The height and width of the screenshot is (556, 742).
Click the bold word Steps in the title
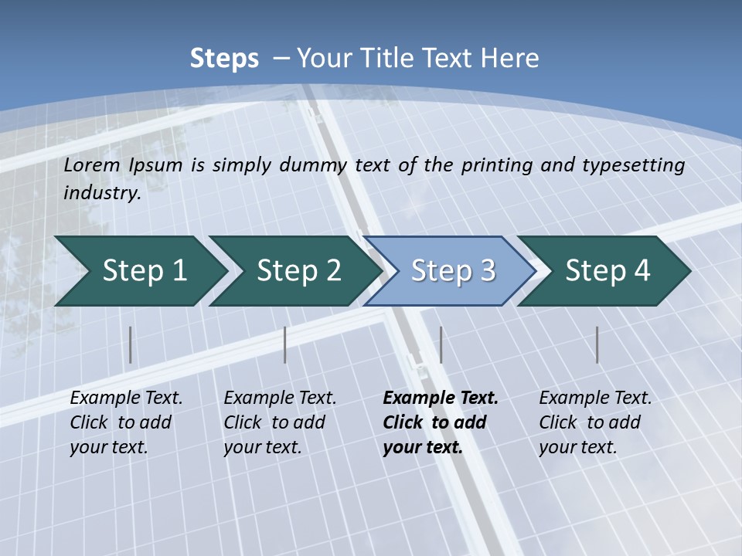pyautogui.click(x=224, y=59)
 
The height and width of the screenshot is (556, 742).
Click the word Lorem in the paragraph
pyautogui.click(x=91, y=164)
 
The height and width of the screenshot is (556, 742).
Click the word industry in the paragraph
pyautogui.click(x=102, y=192)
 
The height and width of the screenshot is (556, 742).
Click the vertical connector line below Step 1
pyautogui.click(x=131, y=344)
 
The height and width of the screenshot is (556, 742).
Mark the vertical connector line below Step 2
pyautogui.click(x=285, y=344)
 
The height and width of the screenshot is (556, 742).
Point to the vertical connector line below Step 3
pyautogui.click(x=441, y=344)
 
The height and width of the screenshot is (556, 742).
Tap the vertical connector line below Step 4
pyautogui.click(x=597, y=344)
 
